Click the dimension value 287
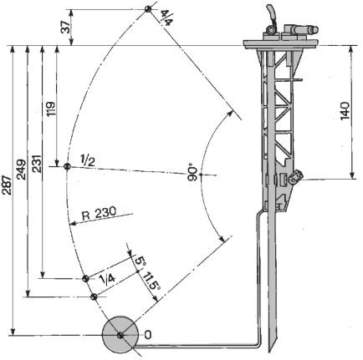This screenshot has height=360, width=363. pos(7,185)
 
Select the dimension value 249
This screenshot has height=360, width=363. pos(22,169)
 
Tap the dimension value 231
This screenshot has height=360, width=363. pos(37,164)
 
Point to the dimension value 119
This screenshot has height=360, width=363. pos(51,109)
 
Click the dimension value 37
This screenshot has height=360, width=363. pos(67,28)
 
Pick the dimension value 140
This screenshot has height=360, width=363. pos(345,111)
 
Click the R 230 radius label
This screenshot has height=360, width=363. pos(99,213)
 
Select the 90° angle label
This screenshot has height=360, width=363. pos(192,174)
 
